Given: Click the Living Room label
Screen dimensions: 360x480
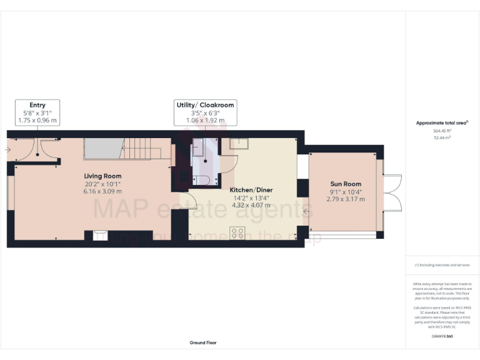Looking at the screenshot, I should click(103, 176).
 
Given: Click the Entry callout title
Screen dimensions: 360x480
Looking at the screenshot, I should click(37, 105).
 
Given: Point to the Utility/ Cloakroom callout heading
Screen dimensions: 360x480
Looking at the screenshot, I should click(205, 105).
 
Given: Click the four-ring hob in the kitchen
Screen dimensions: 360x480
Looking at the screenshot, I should click(238, 233).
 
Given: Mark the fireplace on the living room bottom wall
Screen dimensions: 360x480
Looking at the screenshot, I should click(100, 236).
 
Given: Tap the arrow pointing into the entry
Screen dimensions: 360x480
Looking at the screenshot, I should click(8, 149).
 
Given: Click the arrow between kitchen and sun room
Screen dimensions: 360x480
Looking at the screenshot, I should click(306, 213).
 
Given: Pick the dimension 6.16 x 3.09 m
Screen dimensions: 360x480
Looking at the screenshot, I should click(103, 192).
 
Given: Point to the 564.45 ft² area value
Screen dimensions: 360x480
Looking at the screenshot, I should click(442, 131).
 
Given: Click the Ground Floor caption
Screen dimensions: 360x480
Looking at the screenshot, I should click(203, 342).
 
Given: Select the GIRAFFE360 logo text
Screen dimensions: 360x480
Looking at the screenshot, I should click(442, 336).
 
